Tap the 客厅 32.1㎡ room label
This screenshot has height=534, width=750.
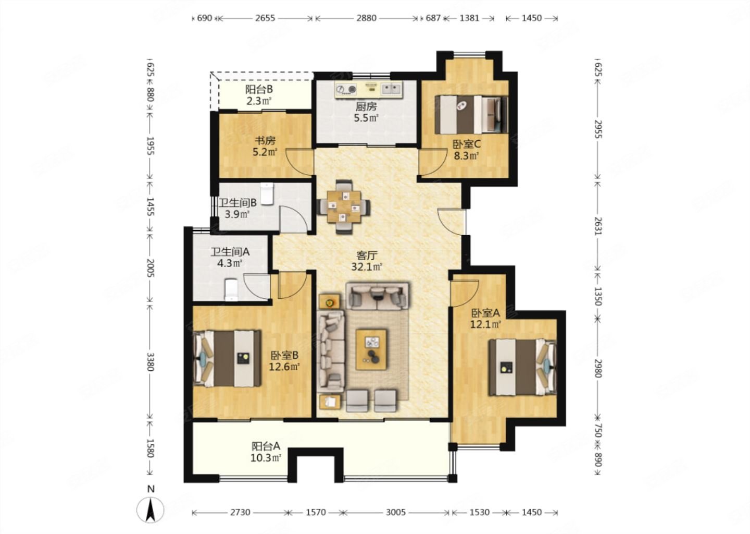367,261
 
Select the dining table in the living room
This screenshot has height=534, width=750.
344,207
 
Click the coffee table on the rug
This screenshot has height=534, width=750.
371,349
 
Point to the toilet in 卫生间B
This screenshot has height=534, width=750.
267,194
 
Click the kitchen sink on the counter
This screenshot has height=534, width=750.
392,89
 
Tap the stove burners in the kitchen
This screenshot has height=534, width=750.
346,89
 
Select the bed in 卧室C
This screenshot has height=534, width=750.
471,115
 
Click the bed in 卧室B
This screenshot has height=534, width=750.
227,359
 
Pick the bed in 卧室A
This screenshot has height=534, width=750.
523,368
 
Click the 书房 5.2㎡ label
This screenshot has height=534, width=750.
265,146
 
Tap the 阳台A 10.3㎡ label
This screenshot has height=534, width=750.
266,452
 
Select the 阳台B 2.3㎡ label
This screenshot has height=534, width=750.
259,95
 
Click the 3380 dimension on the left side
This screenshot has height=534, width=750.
151,362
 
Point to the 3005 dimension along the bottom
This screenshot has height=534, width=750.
396,512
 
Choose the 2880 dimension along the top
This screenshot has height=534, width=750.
366,18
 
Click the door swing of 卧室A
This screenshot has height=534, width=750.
465,293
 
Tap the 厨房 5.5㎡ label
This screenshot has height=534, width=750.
366,112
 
